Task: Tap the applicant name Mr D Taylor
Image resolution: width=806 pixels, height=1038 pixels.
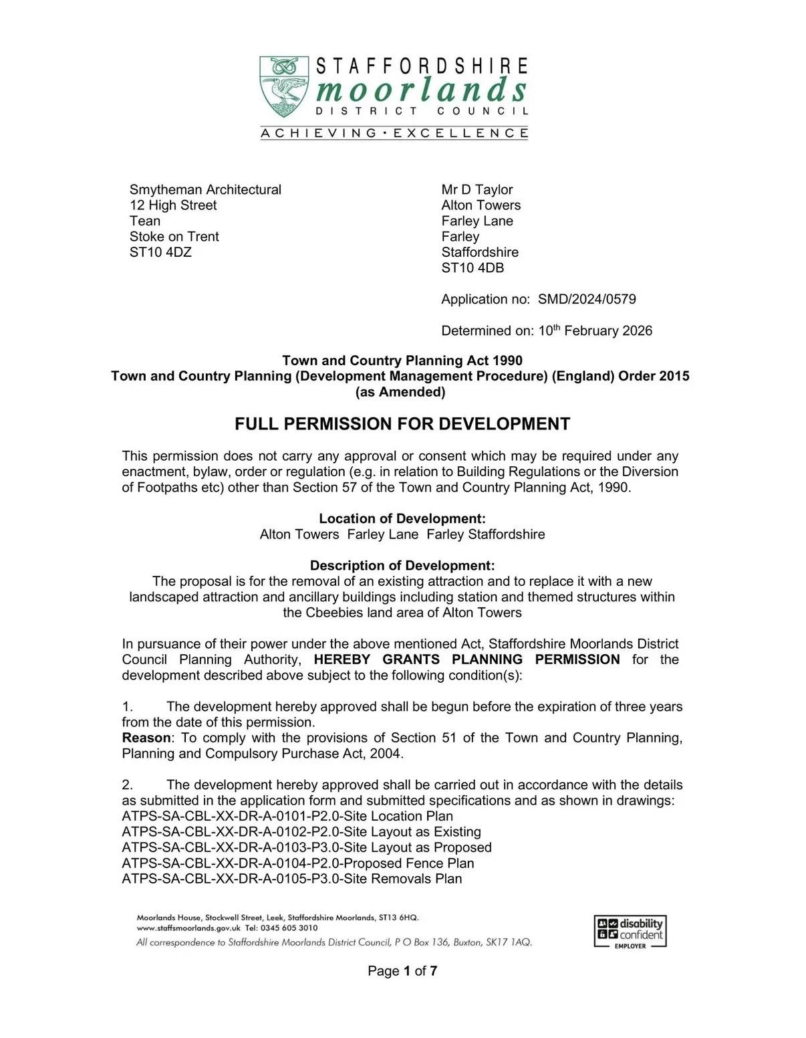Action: point(477,189)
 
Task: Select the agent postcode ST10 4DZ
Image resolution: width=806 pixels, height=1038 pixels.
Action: point(160,252)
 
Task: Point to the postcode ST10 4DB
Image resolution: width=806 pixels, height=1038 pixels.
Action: point(473,268)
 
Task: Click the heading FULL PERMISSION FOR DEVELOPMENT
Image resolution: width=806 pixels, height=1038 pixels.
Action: point(402,424)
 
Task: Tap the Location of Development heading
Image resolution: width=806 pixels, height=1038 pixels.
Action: point(402,518)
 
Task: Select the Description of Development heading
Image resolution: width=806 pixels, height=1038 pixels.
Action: point(402,565)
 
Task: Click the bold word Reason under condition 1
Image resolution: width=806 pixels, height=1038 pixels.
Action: point(146,738)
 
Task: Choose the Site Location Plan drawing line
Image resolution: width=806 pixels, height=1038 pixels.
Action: point(287,816)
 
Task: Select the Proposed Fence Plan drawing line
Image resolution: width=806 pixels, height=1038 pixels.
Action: point(298,863)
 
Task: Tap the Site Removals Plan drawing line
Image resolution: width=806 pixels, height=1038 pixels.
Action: point(292,878)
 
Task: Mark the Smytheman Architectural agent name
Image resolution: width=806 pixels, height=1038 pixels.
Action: point(205,189)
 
